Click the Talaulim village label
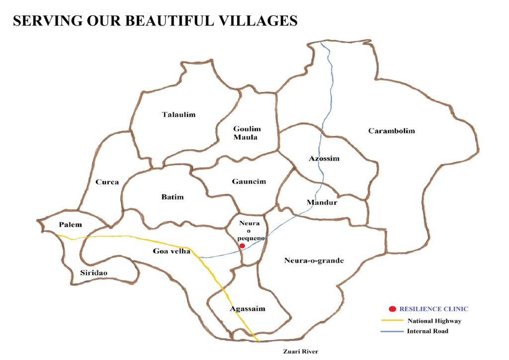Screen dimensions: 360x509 pos(179,115)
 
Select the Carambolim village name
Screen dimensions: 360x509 pos(392,131)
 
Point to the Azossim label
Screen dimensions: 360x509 pos(324,159)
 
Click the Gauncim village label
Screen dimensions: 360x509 pos(249,181)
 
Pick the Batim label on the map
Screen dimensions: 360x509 pos(172,197)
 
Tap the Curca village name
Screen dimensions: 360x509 pos(107,182)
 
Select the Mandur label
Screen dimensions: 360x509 pos(322,202)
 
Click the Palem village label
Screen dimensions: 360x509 pos(70,225)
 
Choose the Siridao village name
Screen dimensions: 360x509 pos(94,272)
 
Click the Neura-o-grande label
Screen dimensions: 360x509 pos(314,261)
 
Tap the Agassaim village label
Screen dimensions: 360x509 pos(248,309)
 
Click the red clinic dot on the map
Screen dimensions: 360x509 pos(242,246)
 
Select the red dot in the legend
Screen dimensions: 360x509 pos(392,309)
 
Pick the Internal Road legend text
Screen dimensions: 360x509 pos(427,331)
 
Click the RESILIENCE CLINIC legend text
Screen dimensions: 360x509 pos(434,309)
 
